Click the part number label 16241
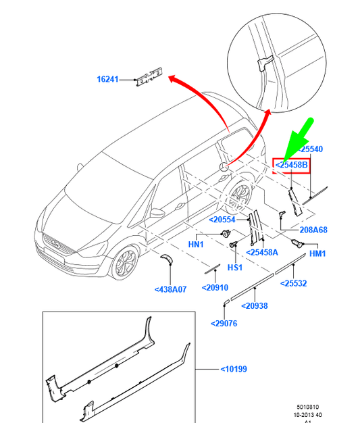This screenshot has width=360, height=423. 107,79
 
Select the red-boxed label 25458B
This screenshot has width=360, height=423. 291,165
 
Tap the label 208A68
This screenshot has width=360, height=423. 313,230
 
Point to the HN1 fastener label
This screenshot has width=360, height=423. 196,245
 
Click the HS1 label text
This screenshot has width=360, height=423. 235,268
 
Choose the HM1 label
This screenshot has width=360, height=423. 317,253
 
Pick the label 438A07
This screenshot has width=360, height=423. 170,289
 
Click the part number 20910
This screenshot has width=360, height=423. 215,288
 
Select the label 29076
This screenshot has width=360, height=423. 224,323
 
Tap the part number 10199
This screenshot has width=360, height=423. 234,369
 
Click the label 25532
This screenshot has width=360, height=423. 294,283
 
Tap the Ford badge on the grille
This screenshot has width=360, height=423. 56,244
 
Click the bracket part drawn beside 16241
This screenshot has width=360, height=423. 149,77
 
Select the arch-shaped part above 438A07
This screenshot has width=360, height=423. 168,258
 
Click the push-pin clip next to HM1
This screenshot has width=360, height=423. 297,243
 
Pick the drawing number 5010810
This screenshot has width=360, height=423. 308,407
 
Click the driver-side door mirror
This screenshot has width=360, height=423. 157,213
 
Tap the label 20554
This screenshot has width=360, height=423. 222,220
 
